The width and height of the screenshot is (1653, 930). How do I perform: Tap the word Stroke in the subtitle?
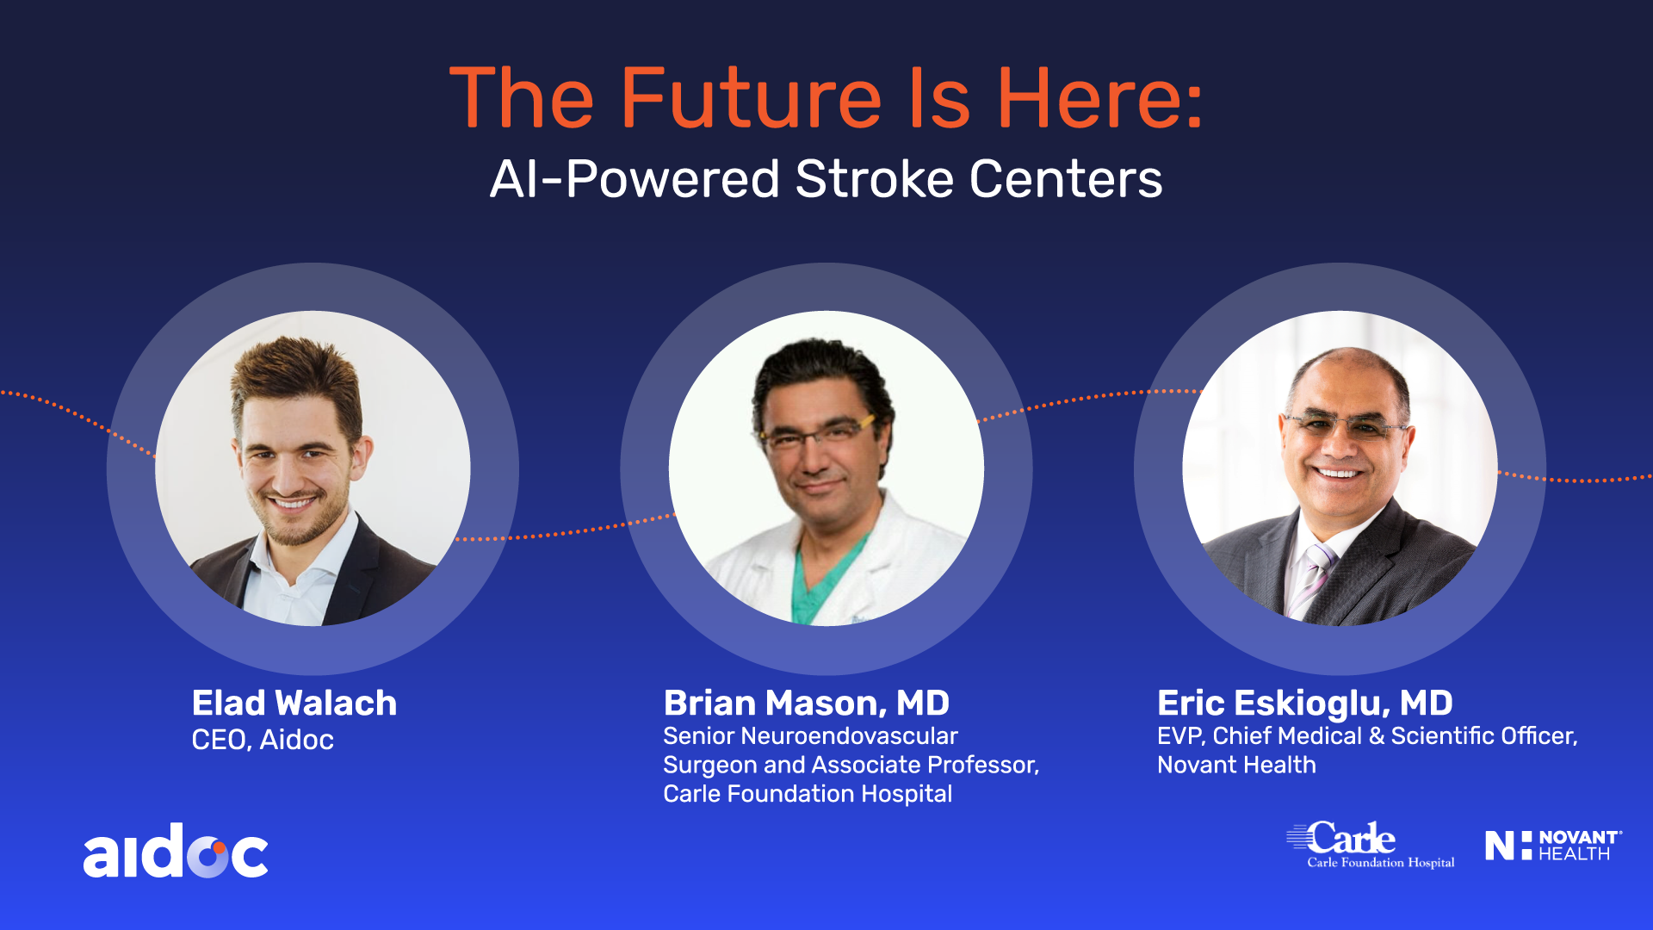click(874, 179)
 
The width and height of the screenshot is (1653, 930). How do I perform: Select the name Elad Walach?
click(294, 703)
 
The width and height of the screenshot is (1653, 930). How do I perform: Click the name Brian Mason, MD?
click(807, 703)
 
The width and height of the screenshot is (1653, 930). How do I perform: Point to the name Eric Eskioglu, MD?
click(1305, 703)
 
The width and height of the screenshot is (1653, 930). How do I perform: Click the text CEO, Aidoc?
click(263, 740)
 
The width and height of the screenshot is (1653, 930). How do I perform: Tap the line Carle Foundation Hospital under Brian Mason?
click(808, 793)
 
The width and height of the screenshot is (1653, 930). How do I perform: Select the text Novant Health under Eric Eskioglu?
click(1236, 765)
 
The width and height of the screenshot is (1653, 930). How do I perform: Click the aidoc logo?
click(176, 851)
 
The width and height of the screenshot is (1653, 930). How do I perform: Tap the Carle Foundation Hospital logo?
click(1370, 845)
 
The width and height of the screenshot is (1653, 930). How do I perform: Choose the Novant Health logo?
click(1554, 845)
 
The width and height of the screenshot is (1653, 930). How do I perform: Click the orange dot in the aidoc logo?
click(219, 848)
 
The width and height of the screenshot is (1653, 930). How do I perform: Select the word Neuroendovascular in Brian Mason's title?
click(849, 735)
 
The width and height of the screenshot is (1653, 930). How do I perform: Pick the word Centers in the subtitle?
click(1066, 179)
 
